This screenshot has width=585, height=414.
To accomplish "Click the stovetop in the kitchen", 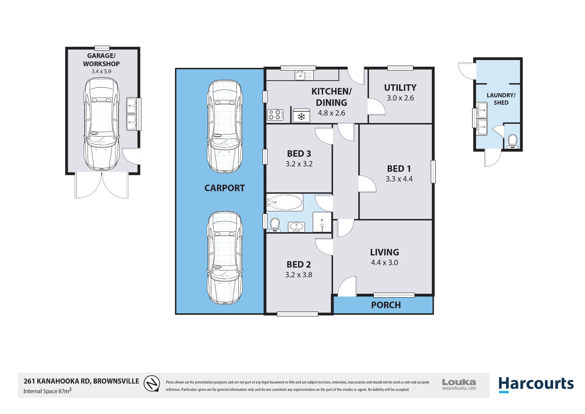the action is point(275,115).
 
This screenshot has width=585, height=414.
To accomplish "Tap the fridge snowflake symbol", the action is point(301,117).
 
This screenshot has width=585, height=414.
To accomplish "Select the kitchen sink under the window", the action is point(304,75).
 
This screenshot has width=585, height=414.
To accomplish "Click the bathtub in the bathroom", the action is point(285,202).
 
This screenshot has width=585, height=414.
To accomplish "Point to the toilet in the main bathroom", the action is point(275,225).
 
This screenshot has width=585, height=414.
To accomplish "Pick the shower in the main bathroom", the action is point(322,222).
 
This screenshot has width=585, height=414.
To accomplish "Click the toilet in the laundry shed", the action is point(512,141).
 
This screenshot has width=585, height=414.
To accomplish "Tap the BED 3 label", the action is point(299,153).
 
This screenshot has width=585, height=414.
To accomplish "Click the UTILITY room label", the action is point(400,88).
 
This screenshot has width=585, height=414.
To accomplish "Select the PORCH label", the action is point(386,305).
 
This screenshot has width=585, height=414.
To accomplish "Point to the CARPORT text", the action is point(224,188).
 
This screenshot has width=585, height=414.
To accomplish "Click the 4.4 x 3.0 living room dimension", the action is point(384,262).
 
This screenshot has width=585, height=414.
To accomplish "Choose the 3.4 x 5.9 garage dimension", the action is point(101,71).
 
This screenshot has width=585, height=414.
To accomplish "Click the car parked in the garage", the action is point(101,124).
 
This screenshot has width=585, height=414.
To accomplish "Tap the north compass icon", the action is point(152,384).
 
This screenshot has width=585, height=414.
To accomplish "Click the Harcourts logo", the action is point(536,384).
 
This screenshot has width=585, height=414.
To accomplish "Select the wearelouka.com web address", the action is point(459,388).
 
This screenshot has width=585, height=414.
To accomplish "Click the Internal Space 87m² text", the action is point(47,391).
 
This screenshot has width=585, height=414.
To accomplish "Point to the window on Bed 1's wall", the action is point(433,172).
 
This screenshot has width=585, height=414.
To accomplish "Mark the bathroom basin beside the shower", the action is point(296,227).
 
